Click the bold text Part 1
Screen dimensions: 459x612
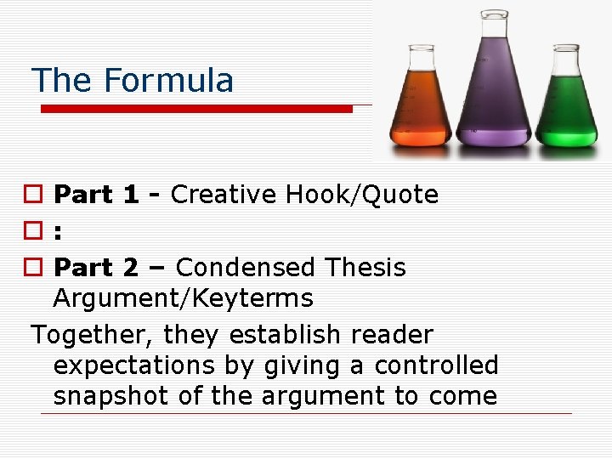point(95,195)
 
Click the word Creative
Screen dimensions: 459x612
point(224,195)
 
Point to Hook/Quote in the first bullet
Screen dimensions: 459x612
point(362,195)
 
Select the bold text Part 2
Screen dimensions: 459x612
point(95,268)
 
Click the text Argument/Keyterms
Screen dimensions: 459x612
point(183,298)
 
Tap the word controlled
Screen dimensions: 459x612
point(436,365)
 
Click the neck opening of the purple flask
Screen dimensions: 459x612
point(493,14)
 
